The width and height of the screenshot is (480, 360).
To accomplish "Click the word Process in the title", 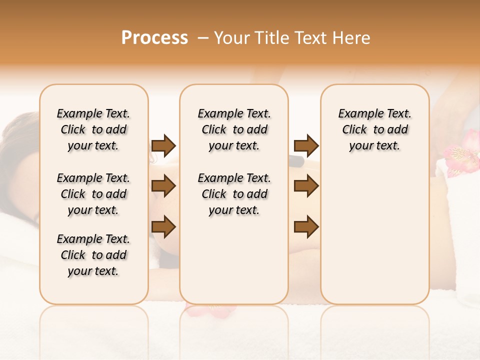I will [154, 38].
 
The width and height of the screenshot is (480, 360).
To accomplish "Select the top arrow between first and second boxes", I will [163, 145].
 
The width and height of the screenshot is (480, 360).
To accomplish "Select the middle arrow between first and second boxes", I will [163, 186].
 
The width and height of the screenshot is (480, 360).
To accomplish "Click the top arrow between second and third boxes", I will [306, 145].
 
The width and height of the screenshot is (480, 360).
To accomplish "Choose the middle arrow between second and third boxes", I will [306, 186].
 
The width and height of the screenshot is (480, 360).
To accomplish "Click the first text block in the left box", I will [93, 129].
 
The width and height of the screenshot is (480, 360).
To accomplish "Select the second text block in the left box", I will [93, 194].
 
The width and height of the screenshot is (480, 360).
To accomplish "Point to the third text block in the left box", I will [93, 255].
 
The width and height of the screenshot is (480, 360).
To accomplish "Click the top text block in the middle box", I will [234, 129].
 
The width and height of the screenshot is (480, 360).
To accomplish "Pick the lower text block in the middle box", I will [234, 194].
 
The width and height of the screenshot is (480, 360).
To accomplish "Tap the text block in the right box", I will [374, 129].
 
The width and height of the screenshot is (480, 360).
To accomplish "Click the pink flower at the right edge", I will [462, 152].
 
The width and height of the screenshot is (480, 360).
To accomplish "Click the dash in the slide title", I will [203, 38].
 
